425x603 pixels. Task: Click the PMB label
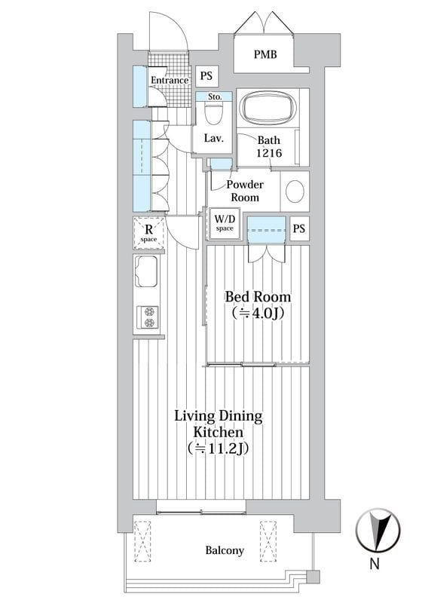[265, 54]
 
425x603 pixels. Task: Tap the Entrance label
[170, 81]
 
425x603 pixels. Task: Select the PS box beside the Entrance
[206, 76]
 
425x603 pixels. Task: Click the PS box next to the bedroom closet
[299, 228]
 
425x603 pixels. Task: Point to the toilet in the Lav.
[213, 113]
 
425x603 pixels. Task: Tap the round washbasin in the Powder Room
[295, 191]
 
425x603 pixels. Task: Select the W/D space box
[225, 223]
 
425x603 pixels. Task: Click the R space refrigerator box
[148, 233]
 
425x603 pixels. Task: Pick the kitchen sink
[146, 271]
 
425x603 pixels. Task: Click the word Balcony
[225, 550]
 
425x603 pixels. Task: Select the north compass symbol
[378, 530]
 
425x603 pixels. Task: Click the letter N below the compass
[375, 563]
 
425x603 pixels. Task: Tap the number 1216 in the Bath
[269, 153]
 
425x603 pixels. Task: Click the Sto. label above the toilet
[215, 97]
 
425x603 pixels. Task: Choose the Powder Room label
[245, 191]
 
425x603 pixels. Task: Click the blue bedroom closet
[267, 230]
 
